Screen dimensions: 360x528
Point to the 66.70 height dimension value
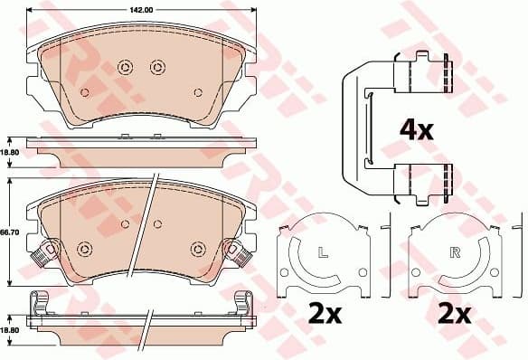(x=10, y=233)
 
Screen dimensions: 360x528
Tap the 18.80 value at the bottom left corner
(x=10, y=331)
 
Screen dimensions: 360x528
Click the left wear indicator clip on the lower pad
(x=40, y=255)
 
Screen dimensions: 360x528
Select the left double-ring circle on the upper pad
(x=125, y=66)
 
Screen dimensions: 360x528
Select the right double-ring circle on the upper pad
(x=156, y=66)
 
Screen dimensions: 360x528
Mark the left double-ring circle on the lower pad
(x=86, y=249)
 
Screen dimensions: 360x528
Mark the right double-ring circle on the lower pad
(x=196, y=249)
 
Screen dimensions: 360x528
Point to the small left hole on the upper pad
(x=85, y=92)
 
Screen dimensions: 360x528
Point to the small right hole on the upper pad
(x=198, y=92)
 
